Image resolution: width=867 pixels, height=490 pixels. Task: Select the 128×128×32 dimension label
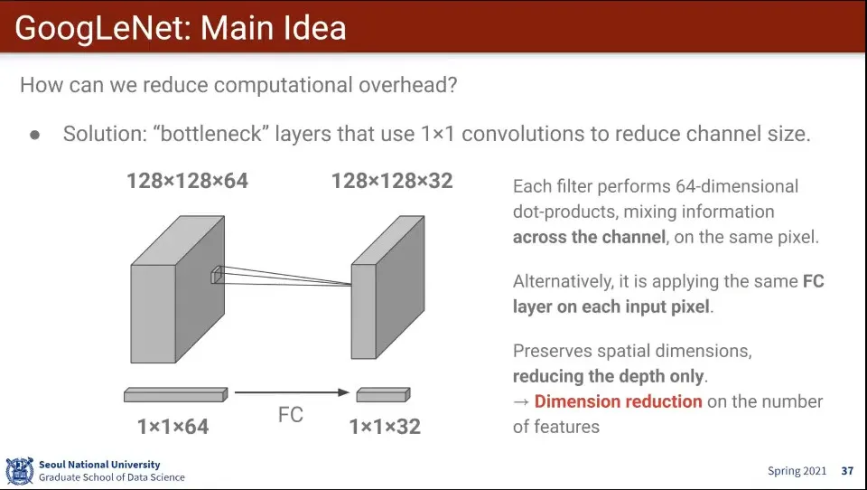391,182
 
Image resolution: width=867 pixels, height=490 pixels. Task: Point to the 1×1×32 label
385,426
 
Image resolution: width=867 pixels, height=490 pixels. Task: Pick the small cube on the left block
216,276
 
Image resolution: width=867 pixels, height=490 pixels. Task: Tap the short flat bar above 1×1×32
383,395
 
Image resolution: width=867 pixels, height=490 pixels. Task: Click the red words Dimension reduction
618,401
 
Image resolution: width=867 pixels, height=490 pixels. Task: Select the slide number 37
847,471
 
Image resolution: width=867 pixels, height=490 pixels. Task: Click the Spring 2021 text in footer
797,471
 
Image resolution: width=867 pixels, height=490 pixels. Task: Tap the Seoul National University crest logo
19,471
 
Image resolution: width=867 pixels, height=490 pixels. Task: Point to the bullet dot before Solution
35,135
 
